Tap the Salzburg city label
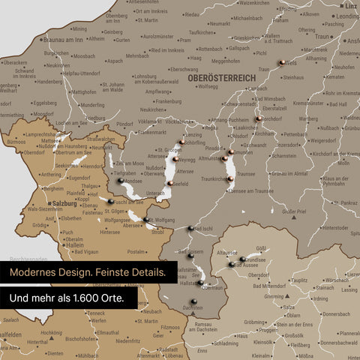67,202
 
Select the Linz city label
350,6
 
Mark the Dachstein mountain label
192,308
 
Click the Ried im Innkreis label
166,50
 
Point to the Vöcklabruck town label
157,121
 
